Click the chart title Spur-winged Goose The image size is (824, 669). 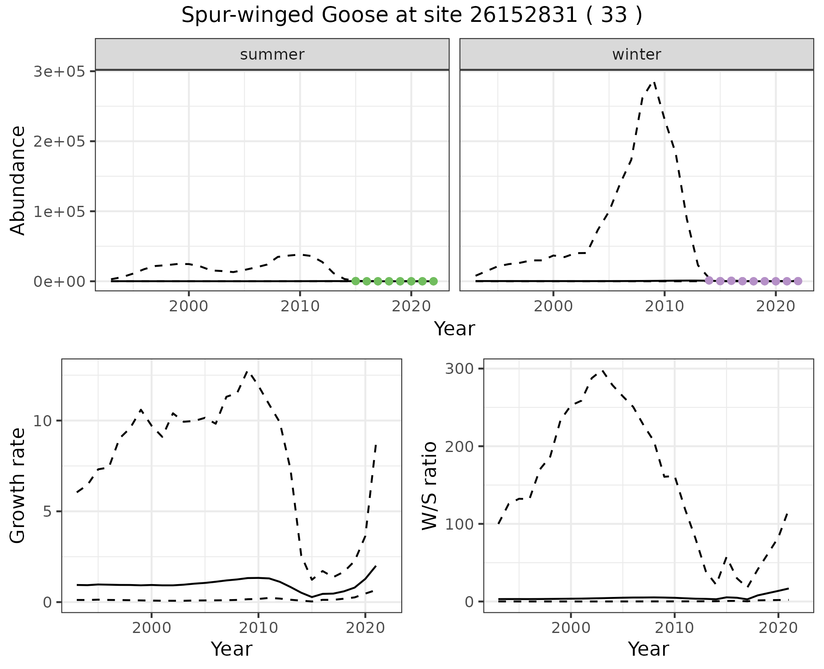[411, 15]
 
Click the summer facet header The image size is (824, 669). [272, 54]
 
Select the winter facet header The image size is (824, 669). [636, 54]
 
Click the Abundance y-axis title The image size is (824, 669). [18, 180]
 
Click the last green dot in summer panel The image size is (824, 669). [433, 281]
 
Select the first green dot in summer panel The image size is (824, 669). [355, 281]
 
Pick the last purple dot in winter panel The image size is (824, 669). [798, 281]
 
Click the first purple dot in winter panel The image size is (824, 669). [709, 280]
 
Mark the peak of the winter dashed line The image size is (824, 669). [654, 82]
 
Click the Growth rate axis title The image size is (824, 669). [18, 485]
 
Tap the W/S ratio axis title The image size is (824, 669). [429, 485]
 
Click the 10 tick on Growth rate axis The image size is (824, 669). [42, 421]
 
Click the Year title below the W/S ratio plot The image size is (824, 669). [648, 649]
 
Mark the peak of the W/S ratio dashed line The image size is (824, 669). [602, 370]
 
